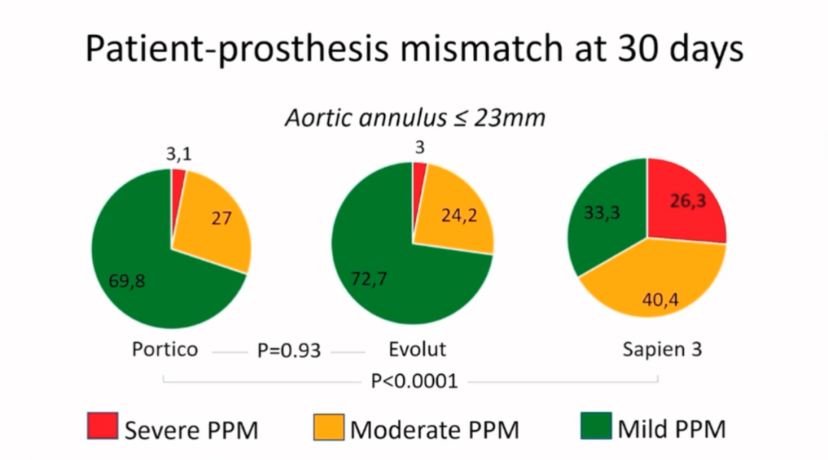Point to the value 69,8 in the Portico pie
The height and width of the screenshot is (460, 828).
(126, 281)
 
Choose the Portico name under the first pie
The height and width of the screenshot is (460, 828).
(165, 350)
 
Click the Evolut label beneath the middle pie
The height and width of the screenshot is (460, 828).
(417, 350)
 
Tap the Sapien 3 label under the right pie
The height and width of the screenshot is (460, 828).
(662, 350)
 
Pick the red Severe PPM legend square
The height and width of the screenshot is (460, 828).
(102, 426)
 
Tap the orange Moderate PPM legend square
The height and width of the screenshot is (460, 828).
(329, 426)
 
